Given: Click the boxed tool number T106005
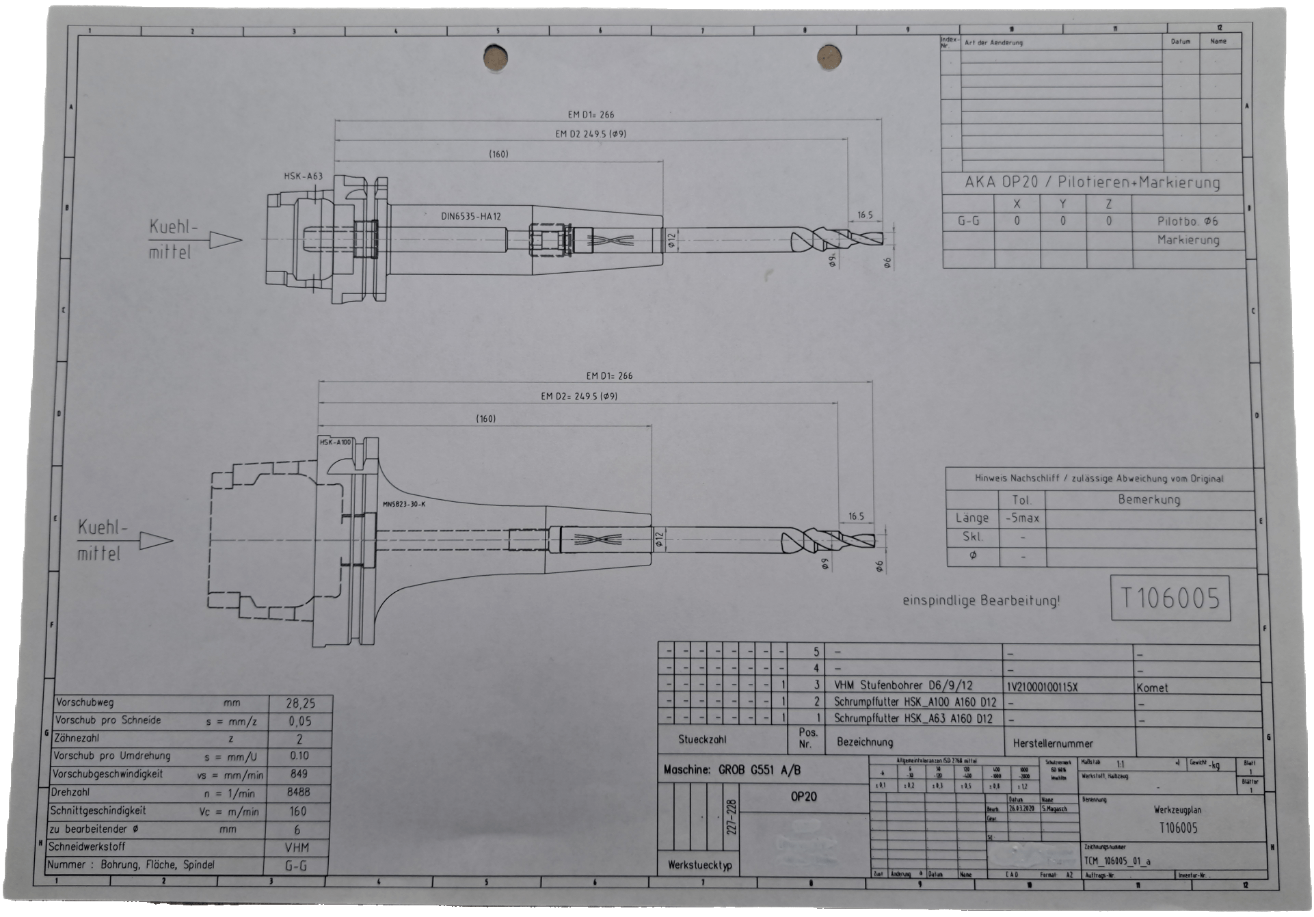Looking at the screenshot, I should pos(1170,599).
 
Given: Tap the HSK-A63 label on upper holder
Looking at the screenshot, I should pos(303,176).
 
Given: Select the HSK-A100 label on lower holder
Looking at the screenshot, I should pos(335,442).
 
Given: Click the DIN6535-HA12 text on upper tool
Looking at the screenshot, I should pos(471,216).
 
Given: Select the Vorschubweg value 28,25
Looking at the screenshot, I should pos(299,702).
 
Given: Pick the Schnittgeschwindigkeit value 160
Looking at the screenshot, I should pos(298,811).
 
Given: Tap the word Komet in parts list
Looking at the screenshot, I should pos(1153,687).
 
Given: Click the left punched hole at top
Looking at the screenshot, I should pos(494,57).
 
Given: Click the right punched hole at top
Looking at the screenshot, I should pos(829,57).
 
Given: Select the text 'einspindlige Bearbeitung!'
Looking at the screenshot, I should pos(981,601).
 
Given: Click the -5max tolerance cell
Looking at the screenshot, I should pos(1022,518).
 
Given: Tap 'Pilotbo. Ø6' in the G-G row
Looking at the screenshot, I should pos(1188,222).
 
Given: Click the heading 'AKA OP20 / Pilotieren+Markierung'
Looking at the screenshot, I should pos(1092,183).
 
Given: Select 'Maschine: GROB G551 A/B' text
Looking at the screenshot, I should pos(732,770).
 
